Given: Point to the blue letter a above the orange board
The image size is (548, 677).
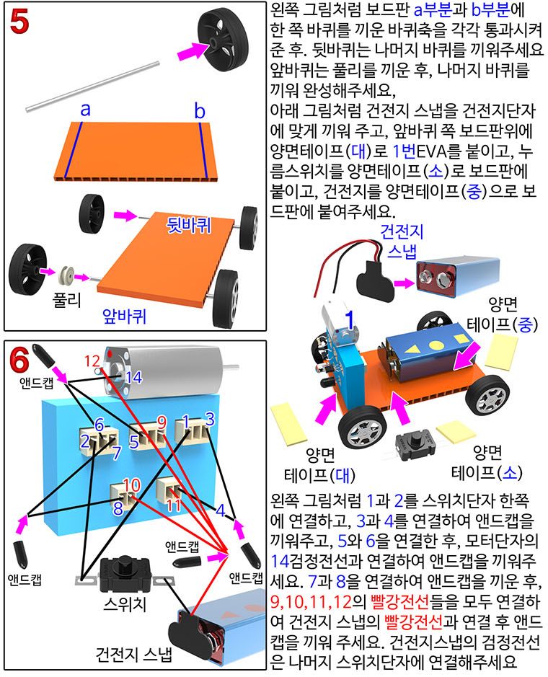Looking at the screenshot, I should coord(85,110).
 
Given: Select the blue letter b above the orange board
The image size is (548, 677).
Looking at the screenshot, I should coord(200,110).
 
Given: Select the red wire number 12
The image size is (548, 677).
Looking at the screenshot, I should coord(92,360).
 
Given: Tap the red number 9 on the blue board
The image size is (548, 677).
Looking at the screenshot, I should coord(162,420).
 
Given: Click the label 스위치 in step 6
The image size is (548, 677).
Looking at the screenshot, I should coord(125,603).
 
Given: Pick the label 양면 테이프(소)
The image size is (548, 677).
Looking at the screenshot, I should coord(486,462).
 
